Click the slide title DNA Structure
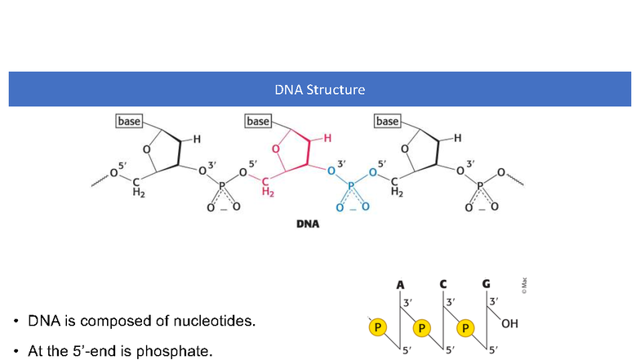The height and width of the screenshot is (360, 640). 319,89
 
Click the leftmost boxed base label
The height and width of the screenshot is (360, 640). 129,122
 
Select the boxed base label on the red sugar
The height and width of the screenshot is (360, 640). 258,122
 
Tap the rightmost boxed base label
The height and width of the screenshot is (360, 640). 387,122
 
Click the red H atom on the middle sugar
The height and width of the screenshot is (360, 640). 327,139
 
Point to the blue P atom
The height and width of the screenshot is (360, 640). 351,186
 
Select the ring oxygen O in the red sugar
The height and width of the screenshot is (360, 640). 276,149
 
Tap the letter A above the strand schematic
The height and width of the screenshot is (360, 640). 401,284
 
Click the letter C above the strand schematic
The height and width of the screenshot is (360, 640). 443,284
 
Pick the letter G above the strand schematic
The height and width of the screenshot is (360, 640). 486,284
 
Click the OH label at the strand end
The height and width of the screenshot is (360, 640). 509,324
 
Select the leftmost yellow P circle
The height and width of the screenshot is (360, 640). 378,328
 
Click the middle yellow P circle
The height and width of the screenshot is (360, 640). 421,328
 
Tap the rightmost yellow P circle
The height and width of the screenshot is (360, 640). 464,328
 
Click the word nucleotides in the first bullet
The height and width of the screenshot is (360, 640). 216,321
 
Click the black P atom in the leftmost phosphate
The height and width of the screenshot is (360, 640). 222,186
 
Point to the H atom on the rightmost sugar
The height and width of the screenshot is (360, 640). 457,139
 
